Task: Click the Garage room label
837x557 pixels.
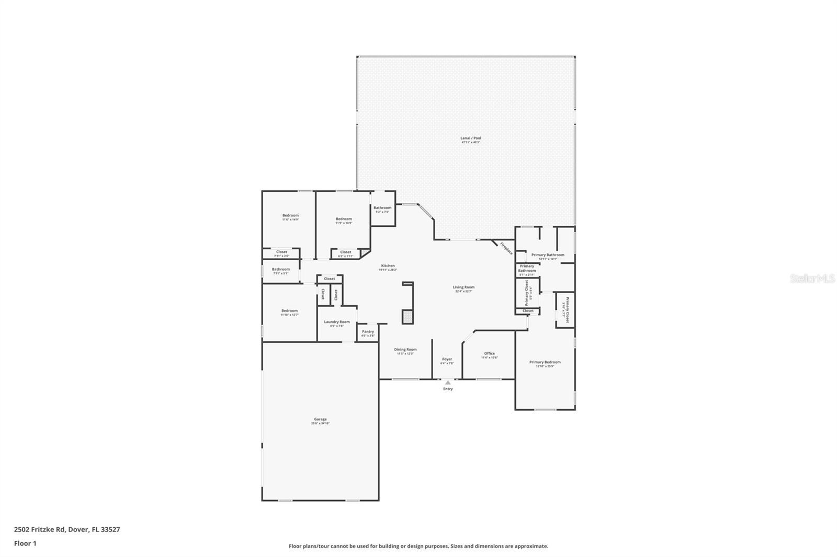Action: (x=320, y=419)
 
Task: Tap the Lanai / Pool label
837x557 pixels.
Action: (x=471, y=138)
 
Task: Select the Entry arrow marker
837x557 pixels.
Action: (x=448, y=382)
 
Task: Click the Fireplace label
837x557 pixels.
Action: (x=506, y=248)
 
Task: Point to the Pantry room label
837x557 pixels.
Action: (x=368, y=331)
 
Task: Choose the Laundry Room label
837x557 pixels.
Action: (x=336, y=322)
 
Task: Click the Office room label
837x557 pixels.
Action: (x=489, y=353)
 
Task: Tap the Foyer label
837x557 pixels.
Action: (x=447, y=359)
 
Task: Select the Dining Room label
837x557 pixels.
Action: (x=405, y=350)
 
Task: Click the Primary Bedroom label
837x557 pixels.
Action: (x=545, y=362)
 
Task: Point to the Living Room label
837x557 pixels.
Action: (x=463, y=287)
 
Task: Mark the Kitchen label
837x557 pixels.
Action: (x=388, y=265)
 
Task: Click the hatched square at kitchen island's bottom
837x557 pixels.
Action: (x=408, y=317)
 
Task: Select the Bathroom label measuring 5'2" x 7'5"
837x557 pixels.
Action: (x=382, y=208)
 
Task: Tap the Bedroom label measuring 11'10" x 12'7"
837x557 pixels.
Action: (x=289, y=311)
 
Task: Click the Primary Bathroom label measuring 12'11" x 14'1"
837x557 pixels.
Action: (x=548, y=255)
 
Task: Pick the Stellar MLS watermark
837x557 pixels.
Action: (x=812, y=279)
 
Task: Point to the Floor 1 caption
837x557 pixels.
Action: (x=25, y=543)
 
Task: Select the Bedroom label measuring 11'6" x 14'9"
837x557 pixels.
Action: (x=290, y=215)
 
